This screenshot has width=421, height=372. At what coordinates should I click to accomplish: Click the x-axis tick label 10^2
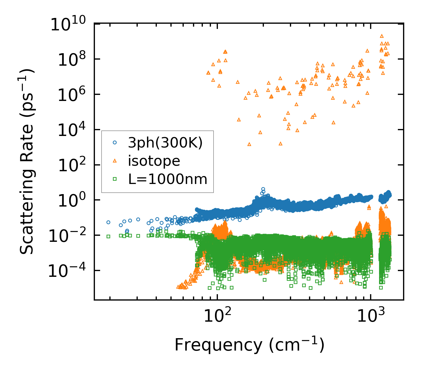(217, 316)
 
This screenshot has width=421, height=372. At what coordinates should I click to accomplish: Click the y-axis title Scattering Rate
(27, 162)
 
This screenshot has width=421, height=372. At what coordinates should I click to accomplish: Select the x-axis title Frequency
(249, 345)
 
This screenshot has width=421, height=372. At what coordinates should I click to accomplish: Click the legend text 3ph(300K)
(165, 143)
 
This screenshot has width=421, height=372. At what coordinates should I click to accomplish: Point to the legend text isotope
(154, 161)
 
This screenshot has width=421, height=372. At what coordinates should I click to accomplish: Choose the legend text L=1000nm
(168, 179)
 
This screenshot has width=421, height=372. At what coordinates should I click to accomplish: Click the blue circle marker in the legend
(115, 142)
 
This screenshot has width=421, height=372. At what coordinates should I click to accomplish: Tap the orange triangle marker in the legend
(115, 161)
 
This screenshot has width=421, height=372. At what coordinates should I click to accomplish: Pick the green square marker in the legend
(115, 179)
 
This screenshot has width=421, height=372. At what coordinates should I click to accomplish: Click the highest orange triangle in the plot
(382, 36)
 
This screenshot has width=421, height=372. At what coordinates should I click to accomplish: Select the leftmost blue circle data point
(108, 222)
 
